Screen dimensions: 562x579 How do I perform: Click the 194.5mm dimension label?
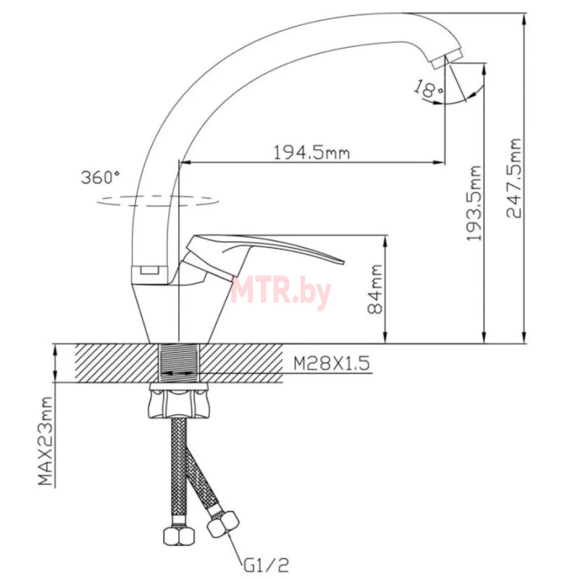click(x=311, y=152)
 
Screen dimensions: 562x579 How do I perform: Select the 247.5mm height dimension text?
click(x=513, y=178)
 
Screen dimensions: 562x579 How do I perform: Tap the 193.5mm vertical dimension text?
click(x=474, y=203)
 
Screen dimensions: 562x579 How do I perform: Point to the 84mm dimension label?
click(x=375, y=289)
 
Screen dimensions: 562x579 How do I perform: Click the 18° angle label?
click(x=427, y=89)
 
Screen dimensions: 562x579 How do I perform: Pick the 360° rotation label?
click(x=100, y=177)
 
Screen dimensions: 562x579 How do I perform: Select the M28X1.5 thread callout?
click(x=332, y=363)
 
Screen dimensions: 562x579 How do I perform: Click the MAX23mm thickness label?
click(x=45, y=441)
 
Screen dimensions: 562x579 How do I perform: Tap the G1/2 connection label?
click(x=266, y=565)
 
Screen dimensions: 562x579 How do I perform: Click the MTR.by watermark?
click(x=281, y=292)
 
